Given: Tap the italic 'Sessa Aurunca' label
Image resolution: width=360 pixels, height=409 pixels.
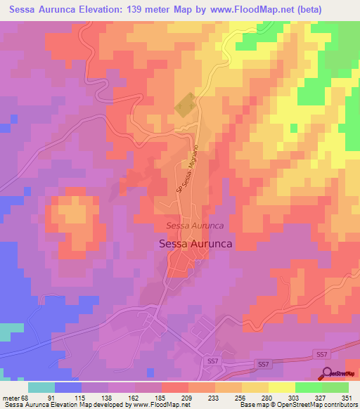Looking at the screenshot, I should [195, 226].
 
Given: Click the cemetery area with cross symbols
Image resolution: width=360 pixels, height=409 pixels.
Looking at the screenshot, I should [184, 105].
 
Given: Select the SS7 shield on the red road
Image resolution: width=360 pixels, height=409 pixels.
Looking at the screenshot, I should [263, 364].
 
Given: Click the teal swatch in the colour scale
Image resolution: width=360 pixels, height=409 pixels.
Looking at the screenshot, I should [41, 387].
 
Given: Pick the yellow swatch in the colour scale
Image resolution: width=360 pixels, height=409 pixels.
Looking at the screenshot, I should [281, 387].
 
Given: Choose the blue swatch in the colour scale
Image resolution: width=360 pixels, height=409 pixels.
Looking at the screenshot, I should [68, 387].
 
